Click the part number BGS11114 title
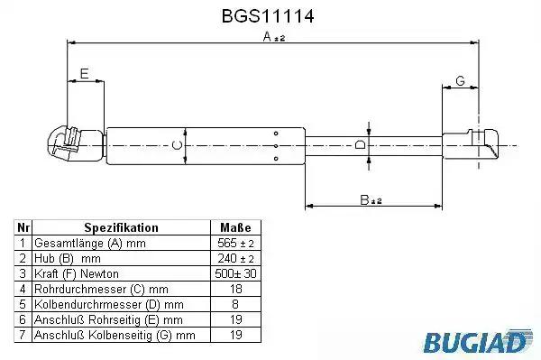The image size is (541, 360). [268, 16]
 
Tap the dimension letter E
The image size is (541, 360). [84, 73]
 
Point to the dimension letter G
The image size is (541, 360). [460, 81]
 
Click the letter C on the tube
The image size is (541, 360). [177, 145]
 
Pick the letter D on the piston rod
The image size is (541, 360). [360, 144]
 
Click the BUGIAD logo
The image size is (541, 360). [478, 341]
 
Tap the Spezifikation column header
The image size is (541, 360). [121, 227]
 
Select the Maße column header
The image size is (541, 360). [235, 227]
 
